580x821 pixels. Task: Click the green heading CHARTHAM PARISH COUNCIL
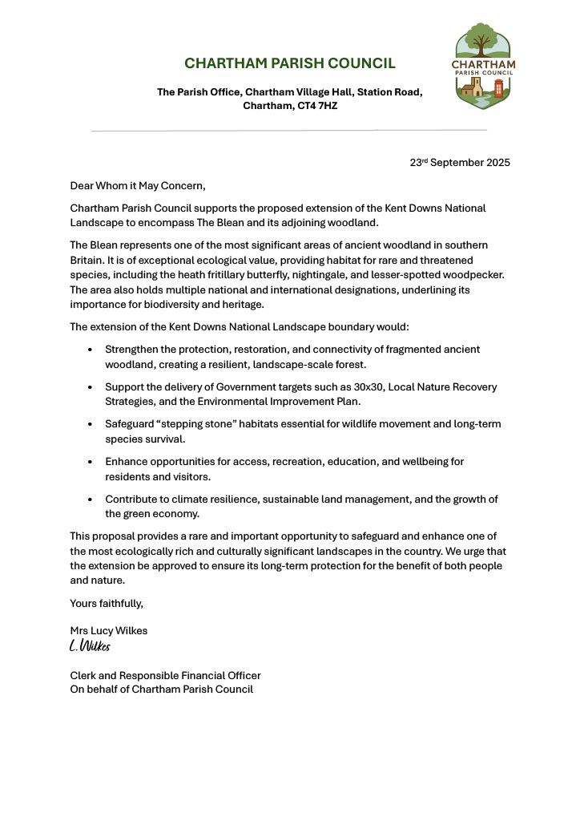290,63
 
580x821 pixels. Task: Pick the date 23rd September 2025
460,162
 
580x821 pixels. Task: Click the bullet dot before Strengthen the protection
90,350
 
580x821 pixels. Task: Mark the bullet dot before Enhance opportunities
90,462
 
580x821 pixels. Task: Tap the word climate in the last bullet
194,499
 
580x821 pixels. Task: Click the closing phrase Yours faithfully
107,603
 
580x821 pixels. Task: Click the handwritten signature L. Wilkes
90,646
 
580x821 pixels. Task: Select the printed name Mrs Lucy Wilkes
109,631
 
